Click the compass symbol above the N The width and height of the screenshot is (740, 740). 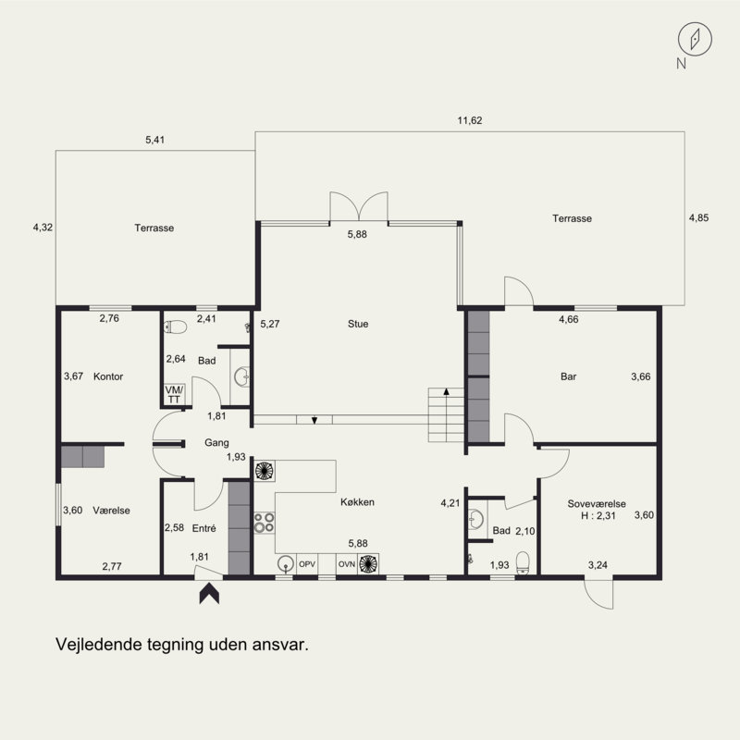[x=695, y=39]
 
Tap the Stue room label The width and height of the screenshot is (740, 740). [x=358, y=324]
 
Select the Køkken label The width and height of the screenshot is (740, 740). [x=357, y=502]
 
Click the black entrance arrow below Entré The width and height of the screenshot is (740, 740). [x=209, y=594]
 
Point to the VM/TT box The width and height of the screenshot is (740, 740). [x=174, y=395]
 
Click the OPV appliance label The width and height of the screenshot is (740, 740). [x=307, y=564]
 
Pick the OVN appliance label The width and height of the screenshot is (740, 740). [x=346, y=564]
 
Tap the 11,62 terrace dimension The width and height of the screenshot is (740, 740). [x=470, y=120]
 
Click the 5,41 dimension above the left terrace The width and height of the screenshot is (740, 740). [x=154, y=140]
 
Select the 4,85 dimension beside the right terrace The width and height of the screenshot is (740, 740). [x=698, y=218]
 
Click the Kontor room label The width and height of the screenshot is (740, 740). [x=108, y=376]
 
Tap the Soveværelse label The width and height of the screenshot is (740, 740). [x=597, y=503]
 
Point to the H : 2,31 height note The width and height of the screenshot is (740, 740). [x=598, y=515]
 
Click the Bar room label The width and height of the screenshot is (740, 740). [x=568, y=376]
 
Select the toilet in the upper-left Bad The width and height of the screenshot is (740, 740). [x=175, y=327]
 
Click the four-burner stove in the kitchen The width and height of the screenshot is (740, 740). [x=265, y=523]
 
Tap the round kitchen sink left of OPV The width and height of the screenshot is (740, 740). [x=286, y=564]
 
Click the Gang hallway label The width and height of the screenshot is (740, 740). [x=216, y=443]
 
